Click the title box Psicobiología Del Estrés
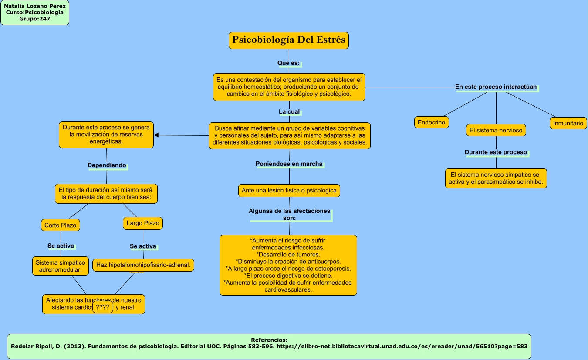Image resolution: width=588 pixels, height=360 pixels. [289, 40]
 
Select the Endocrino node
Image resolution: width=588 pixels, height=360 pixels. [431, 123]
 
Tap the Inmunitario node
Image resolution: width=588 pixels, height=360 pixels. [568, 123]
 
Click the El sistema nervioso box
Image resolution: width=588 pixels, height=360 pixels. [496, 130]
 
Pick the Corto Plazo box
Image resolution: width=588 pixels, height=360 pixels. [60, 225]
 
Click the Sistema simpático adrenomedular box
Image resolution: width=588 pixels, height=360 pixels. [61, 266]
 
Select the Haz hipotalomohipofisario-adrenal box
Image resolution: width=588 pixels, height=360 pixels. [143, 265]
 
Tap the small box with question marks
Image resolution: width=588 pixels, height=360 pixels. [102, 307]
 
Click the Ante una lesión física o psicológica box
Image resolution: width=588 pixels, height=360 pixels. [289, 190]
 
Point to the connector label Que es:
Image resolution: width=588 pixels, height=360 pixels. [289, 63]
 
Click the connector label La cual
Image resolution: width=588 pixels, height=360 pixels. [289, 112]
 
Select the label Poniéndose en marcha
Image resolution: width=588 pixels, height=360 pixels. [289, 164]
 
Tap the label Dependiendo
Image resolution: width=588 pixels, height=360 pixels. [107, 165]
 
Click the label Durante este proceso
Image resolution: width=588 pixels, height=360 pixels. [496, 152]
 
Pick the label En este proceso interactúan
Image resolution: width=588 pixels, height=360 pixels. [496, 87]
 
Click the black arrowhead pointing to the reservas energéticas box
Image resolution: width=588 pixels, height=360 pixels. [156, 135]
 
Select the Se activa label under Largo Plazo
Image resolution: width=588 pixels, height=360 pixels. [143, 246]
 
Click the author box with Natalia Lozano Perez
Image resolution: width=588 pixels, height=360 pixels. [35, 13]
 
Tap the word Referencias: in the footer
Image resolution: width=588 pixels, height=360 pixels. [269, 340]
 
